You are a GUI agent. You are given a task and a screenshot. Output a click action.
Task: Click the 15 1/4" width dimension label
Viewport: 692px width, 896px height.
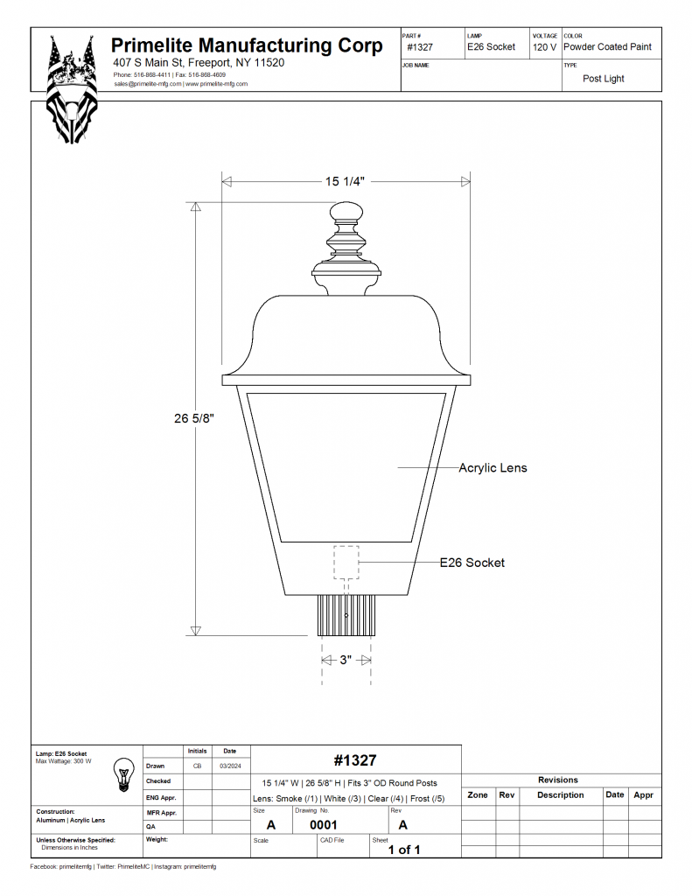[x=345, y=181]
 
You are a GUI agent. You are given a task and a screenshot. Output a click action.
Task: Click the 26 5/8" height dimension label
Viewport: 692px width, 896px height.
[x=194, y=418]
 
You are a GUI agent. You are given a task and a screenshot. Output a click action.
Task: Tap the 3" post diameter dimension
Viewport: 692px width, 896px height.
[x=346, y=660]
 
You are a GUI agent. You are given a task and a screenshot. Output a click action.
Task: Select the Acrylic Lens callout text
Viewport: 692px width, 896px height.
[x=493, y=468]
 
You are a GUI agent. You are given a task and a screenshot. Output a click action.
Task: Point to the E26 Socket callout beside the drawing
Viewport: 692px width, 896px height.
[x=472, y=563]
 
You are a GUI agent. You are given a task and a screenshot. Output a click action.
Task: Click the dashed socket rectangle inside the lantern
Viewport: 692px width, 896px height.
[x=346, y=562]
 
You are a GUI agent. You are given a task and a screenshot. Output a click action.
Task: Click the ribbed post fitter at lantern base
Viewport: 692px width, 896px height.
[x=346, y=615]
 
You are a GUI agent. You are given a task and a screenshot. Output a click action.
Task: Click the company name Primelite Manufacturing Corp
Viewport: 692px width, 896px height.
[x=247, y=45]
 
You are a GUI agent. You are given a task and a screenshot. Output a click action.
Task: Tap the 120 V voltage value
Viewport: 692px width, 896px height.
[x=544, y=47]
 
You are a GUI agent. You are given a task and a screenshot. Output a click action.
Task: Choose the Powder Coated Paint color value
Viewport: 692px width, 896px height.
[x=607, y=47]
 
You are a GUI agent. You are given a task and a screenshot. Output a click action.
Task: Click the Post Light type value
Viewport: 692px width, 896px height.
[x=604, y=79]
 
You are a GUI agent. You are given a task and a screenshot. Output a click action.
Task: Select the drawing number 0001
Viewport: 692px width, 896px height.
[x=323, y=824]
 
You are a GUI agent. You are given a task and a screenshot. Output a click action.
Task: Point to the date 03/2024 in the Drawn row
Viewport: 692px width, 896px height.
[x=229, y=766]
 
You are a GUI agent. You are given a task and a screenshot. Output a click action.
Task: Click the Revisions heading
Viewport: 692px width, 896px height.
[x=558, y=780]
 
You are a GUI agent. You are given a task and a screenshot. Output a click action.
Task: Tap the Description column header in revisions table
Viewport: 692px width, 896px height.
[x=560, y=795]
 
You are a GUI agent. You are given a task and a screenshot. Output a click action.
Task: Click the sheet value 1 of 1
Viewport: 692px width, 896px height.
[x=404, y=850]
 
